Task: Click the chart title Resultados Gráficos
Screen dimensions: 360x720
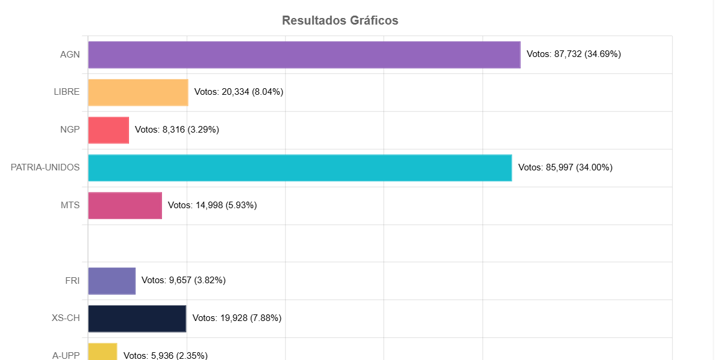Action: tap(340, 20)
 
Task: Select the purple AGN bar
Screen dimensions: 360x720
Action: tap(304, 55)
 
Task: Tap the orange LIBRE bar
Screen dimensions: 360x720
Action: tap(138, 92)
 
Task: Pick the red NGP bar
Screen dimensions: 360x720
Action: tap(109, 130)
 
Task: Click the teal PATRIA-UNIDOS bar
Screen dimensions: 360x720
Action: tap(300, 168)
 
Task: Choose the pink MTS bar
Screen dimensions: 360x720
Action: tap(125, 206)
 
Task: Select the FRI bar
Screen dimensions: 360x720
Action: tap(112, 281)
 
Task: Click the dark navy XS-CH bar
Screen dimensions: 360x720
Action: tap(137, 319)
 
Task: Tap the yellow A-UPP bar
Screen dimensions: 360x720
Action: tap(103, 352)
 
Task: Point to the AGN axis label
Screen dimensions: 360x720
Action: tap(70, 55)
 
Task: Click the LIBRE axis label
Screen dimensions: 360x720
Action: tap(67, 92)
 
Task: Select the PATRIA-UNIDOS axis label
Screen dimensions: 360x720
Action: tap(45, 167)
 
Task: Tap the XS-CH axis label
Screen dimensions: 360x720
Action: tap(65, 319)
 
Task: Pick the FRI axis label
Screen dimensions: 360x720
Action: tap(72, 281)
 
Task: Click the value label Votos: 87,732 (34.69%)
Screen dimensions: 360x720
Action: tap(574, 54)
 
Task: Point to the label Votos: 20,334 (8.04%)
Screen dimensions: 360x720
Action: tap(239, 92)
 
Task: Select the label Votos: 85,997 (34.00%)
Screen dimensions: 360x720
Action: tap(565, 167)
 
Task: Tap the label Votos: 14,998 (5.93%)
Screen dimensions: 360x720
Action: tap(212, 205)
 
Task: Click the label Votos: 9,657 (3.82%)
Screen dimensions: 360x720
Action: tap(184, 280)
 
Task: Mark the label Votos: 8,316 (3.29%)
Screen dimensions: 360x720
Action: tap(177, 130)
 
